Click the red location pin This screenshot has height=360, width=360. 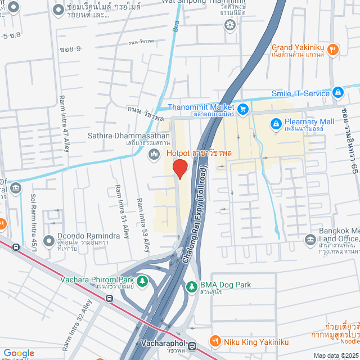point(179,169)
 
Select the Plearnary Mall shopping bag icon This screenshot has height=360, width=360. point(276,123)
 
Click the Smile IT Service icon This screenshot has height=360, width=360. point(337,92)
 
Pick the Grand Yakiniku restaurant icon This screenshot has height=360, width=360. point(333,49)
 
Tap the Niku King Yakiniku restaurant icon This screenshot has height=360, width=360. point(214,341)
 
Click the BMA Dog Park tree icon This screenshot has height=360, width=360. point(191,286)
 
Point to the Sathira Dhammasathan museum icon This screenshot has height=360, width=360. point(153,154)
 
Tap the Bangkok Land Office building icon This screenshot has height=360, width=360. point(310,240)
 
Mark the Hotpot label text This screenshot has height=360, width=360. point(176,152)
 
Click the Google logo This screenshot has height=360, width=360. point(19,353)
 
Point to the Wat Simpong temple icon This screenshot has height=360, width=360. point(229,24)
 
